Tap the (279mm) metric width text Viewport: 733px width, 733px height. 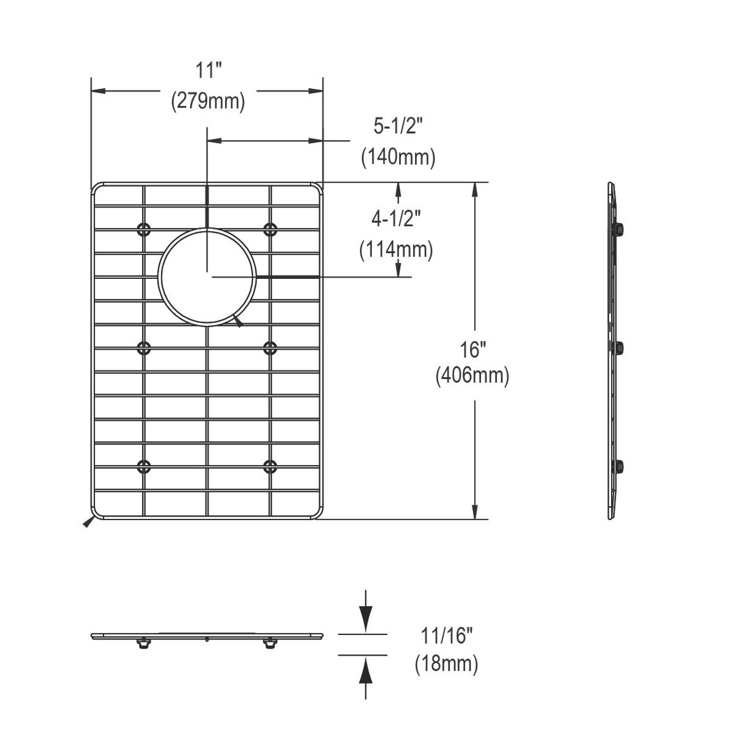click(208, 101)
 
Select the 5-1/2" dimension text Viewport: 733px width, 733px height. click(398, 127)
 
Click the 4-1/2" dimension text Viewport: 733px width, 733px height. click(397, 218)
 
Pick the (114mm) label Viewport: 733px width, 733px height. click(396, 250)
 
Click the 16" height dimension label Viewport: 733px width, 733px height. click(472, 348)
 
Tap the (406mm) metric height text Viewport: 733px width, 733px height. click(472, 376)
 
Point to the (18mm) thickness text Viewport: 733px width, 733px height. click(446, 664)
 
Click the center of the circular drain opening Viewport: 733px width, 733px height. click(207, 277)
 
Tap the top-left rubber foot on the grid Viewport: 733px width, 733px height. click(144, 230)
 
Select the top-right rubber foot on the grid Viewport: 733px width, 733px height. click(270, 230)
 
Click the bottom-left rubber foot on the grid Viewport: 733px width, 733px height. click(144, 467)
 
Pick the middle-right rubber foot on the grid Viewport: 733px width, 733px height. click(270, 348)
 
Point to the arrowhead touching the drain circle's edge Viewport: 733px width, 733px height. click(238, 322)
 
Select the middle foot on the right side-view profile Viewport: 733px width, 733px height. click(619, 348)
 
